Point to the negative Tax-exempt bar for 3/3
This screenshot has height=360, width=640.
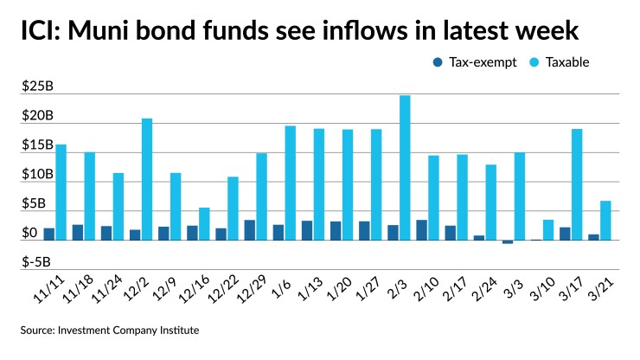pyautogui.click(x=508, y=242)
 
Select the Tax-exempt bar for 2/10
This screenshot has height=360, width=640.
pyautogui.click(x=421, y=230)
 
